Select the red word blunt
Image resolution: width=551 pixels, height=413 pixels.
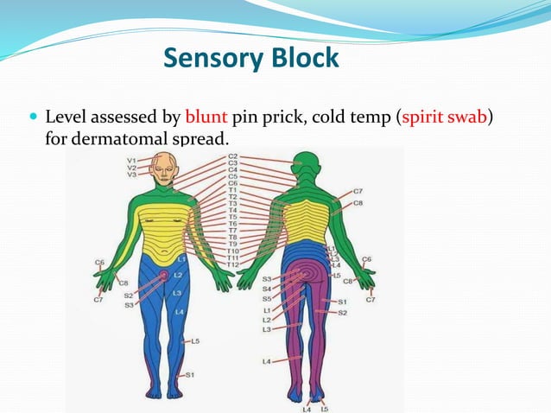point(203,116)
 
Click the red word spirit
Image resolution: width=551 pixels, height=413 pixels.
point(423,116)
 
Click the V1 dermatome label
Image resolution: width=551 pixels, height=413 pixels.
point(131,160)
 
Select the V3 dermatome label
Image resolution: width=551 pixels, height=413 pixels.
point(131,175)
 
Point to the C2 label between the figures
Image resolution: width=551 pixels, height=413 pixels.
point(232,156)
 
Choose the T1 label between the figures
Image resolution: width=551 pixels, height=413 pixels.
point(232,190)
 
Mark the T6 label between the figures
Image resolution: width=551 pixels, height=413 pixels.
point(232,224)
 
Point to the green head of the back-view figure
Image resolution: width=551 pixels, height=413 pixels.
point(306,164)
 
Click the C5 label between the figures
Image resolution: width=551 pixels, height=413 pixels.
point(232,176)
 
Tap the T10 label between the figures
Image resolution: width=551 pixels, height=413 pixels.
point(232,251)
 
